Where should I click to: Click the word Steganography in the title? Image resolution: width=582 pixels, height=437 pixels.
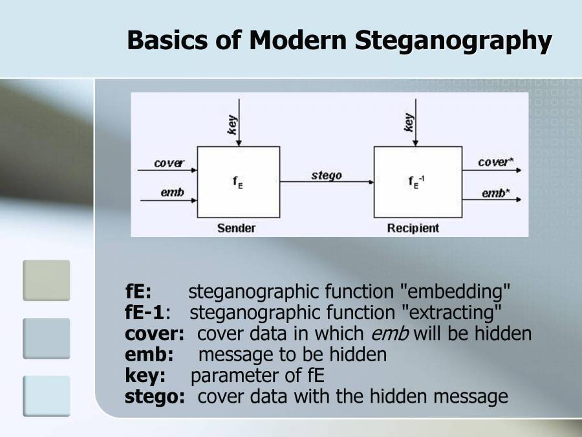tap(453, 40)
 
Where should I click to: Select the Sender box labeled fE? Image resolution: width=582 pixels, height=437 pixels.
tap(239, 182)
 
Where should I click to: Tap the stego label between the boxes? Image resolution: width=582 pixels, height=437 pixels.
tap(327, 175)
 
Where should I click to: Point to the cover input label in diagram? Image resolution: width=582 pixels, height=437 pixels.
tap(169, 163)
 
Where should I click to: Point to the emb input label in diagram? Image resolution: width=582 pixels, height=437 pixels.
tap(172, 192)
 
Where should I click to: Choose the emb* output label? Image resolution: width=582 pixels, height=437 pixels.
tap(496, 193)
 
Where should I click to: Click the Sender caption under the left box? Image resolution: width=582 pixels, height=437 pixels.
tap(236, 228)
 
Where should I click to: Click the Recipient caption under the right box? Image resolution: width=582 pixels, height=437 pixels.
tap(413, 228)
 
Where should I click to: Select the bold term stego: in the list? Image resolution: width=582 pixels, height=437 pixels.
tap(155, 396)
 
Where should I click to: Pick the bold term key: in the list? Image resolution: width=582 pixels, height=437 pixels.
tap(145, 375)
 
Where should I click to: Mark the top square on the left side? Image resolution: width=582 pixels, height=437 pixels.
tap(46, 281)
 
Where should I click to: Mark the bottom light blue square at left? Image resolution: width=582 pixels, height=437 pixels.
tap(46, 396)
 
